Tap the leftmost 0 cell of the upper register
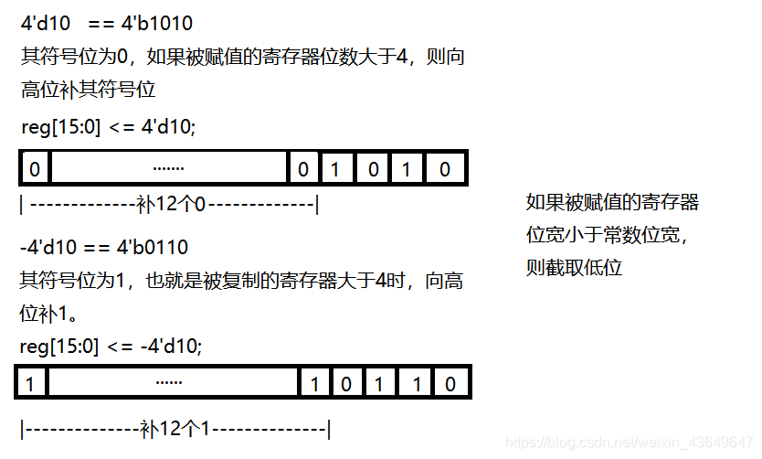click(35, 169)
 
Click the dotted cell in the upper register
click(168, 169)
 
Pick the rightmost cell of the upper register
click(445, 169)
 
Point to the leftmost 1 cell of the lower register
click(31, 384)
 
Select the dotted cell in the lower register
click(170, 384)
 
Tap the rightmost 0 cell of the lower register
click(450, 384)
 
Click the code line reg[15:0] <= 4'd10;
click(108, 127)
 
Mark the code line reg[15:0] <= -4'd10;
click(111, 346)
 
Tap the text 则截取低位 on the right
click(574, 268)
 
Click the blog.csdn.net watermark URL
click(630, 443)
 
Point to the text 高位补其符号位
click(89, 90)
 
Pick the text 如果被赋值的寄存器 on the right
click(612, 202)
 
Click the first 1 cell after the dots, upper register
click(334, 169)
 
